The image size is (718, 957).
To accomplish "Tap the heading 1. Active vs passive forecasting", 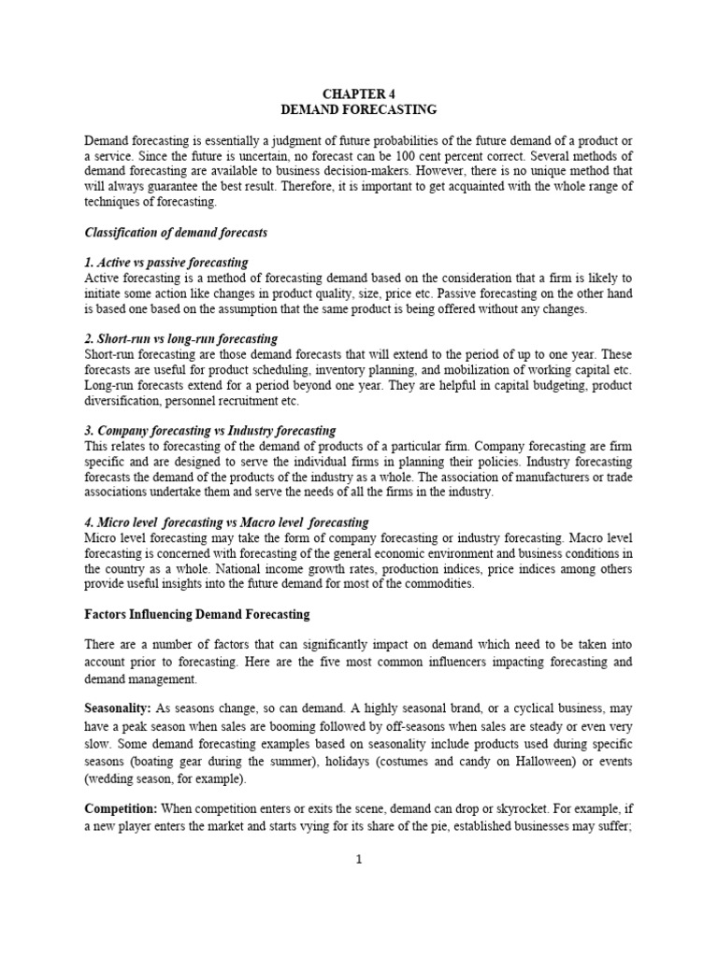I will [x=165, y=263].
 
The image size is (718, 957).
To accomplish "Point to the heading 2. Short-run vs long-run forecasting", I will [x=180, y=338].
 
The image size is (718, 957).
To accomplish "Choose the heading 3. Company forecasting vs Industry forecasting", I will [x=209, y=431].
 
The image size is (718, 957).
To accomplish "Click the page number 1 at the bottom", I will [x=358, y=860].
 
